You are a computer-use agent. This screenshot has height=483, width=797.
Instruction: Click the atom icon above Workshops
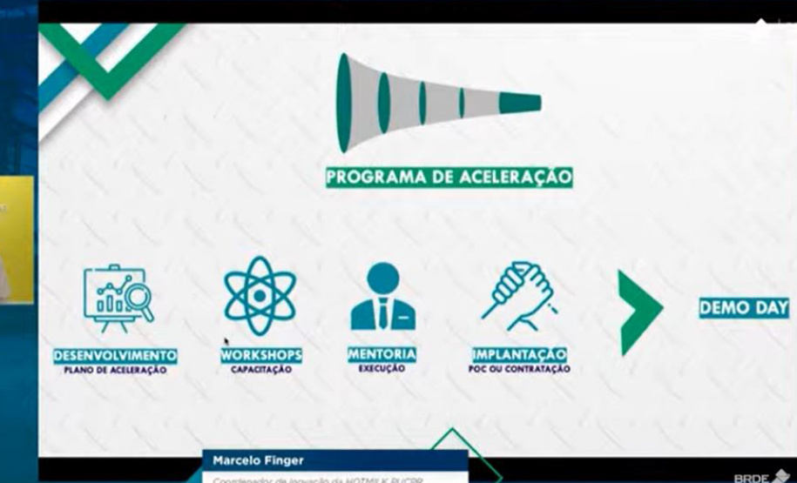(x=260, y=296)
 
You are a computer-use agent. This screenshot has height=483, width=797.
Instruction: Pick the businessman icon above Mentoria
(x=382, y=297)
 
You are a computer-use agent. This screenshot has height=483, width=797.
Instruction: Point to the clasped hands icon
(x=519, y=296)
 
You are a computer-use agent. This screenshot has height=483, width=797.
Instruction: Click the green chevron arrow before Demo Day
(x=638, y=312)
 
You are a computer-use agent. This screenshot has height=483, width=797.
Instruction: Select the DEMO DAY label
(x=744, y=308)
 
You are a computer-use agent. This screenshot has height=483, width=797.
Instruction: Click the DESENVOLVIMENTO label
(x=116, y=356)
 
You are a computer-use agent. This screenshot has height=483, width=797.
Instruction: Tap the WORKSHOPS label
(x=261, y=355)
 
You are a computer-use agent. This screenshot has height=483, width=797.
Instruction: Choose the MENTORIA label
(x=382, y=354)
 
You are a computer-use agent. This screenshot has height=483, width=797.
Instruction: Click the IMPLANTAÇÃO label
(x=519, y=355)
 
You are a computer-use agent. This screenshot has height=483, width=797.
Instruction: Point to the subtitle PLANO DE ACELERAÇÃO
(x=114, y=370)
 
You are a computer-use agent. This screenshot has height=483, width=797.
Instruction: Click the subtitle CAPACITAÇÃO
(x=261, y=369)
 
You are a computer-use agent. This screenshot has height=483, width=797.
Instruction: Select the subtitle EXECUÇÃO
(x=382, y=368)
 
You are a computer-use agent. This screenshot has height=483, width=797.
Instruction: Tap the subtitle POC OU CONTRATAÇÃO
(x=519, y=369)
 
